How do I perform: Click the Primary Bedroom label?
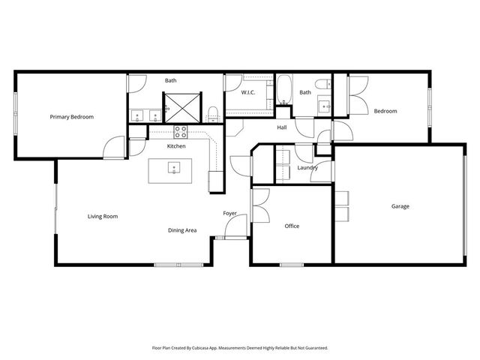72,116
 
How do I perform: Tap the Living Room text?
103,216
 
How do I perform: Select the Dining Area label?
182,230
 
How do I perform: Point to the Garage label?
400,206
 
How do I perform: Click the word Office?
292,226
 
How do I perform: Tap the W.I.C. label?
249,92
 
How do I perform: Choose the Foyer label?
229,214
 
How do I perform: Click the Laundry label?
307,168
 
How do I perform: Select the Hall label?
282,127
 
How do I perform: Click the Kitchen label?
176,146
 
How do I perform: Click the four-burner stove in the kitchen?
181,131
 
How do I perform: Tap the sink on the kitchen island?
172,168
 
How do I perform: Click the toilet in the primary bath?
213,112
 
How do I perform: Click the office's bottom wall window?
291,264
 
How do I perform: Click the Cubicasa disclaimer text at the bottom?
240,347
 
